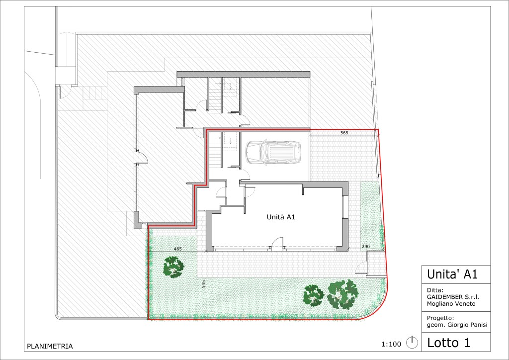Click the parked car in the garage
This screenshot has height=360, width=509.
point(273,152)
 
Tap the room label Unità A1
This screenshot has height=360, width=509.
point(281,217)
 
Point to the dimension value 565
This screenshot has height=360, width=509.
point(344,133)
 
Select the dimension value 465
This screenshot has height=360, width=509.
point(178,249)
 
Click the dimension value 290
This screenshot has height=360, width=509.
point(365,247)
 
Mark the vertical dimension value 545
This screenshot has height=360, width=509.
point(203,284)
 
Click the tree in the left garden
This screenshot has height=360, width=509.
point(173,267)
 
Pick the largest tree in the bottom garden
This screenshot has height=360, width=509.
point(343,294)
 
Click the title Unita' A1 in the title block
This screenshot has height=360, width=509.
point(452,274)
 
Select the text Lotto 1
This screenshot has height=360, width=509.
point(449,343)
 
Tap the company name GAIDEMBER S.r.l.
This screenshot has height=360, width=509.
point(453,297)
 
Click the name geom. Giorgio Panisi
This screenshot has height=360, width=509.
point(457,325)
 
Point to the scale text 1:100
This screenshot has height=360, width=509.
point(391,344)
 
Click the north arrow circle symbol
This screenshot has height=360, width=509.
point(412,343)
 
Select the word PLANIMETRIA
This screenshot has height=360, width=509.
point(50,347)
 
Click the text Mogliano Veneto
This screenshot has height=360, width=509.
point(451,304)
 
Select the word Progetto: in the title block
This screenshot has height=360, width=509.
point(440,318)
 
